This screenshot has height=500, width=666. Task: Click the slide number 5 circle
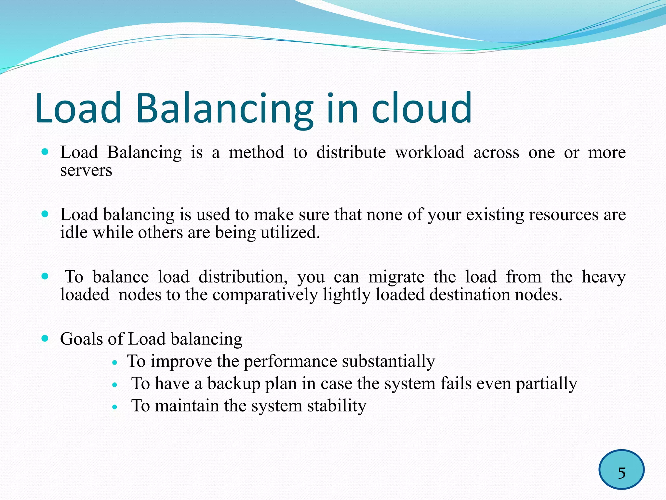(621, 469)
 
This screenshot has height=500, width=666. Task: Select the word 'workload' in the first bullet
(430, 152)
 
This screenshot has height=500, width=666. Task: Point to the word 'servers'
(86, 171)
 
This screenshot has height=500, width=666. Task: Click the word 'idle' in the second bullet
(74, 232)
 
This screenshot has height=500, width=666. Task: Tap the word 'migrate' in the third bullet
(396, 277)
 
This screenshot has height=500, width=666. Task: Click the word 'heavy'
(604, 277)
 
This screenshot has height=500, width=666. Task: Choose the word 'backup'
(234, 384)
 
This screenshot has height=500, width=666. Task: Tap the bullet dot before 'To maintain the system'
(114, 407)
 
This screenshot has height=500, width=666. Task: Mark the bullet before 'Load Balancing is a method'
(45, 152)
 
